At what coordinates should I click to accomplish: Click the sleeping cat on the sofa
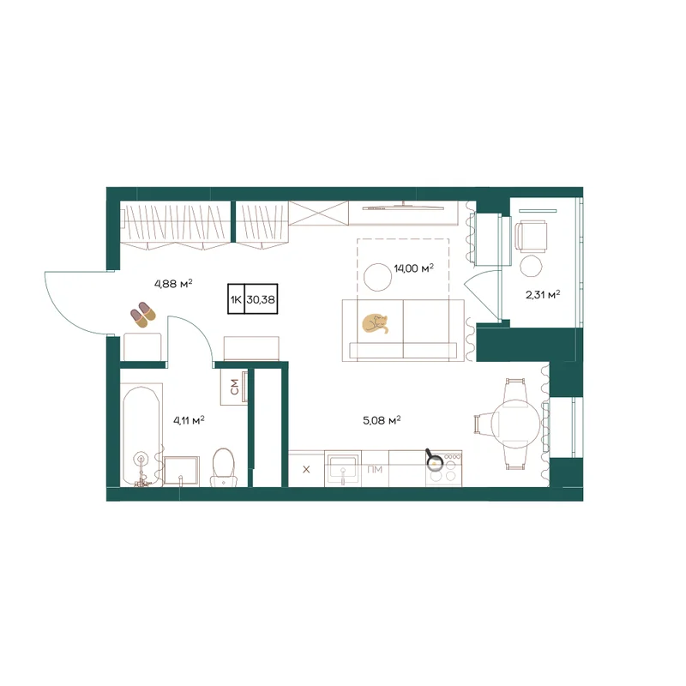click(x=375, y=323)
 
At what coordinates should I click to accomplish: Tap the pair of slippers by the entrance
click(x=143, y=315)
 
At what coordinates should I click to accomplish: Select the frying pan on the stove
click(x=434, y=459)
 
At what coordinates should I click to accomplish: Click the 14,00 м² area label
click(x=413, y=268)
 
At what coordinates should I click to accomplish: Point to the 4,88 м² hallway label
click(x=173, y=284)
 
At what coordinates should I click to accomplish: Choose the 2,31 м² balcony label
click(x=543, y=295)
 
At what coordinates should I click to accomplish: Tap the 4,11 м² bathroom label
click(x=189, y=421)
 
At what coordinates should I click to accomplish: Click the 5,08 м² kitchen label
click(x=382, y=421)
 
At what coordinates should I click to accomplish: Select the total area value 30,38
click(x=261, y=299)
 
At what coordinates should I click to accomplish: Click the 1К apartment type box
click(x=237, y=299)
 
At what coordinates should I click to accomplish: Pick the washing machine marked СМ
click(x=234, y=388)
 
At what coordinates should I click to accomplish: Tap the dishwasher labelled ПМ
click(x=375, y=469)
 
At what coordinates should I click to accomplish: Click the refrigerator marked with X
click(x=306, y=469)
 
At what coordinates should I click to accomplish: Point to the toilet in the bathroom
click(x=224, y=467)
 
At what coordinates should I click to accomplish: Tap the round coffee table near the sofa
click(x=377, y=277)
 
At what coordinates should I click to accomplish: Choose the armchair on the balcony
click(x=531, y=237)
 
